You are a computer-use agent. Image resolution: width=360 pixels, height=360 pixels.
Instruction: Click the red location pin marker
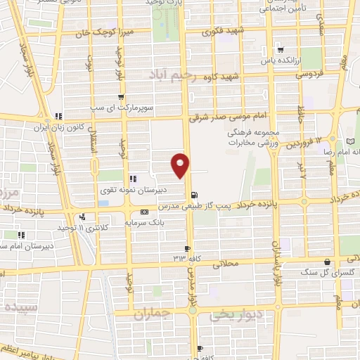point(181,165)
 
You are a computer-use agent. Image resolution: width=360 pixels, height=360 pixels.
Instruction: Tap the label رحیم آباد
point(169,73)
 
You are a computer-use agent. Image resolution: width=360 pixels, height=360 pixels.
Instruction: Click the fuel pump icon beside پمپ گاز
point(193,195)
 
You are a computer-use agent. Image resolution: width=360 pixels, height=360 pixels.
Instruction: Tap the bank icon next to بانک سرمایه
point(145,212)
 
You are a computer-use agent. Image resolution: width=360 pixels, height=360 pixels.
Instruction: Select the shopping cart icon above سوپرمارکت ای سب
point(121,97)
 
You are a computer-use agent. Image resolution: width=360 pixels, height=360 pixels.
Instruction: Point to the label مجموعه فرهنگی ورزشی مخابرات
point(254,137)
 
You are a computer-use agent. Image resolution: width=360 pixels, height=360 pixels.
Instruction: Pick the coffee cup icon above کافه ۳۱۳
point(187,248)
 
